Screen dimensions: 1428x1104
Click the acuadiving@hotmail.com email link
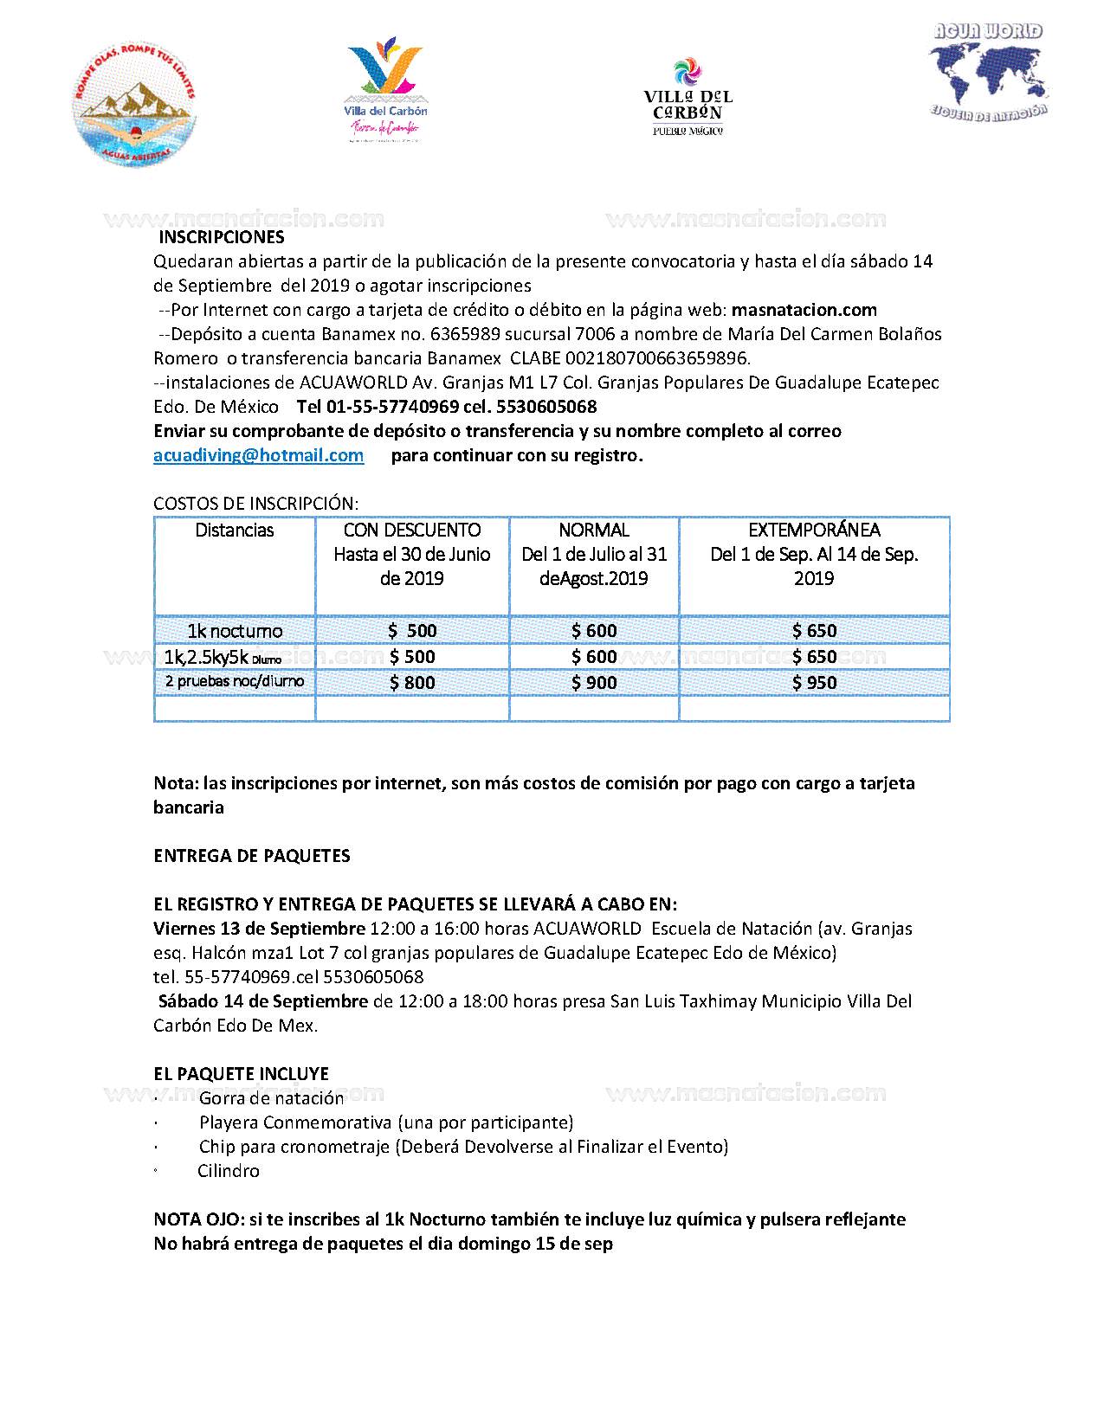tap(258, 455)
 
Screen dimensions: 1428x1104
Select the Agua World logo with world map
tap(989, 73)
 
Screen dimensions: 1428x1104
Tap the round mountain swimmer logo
tap(134, 105)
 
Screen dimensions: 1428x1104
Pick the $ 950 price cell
tap(814, 683)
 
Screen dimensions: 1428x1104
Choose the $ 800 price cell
tap(412, 683)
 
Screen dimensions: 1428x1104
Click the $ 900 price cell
tap(594, 683)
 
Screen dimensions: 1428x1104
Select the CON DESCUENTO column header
tap(412, 531)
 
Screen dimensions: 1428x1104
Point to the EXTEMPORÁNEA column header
tap(814, 531)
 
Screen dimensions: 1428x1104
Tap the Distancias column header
tap(235, 531)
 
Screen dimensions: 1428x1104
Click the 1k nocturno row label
tap(235, 631)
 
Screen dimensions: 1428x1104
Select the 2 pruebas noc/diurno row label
tap(235, 682)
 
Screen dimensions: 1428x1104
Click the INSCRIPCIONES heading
tap(222, 237)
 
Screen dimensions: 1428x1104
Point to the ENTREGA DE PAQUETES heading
tap(252, 856)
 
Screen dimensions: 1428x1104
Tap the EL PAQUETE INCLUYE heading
tap(242, 1074)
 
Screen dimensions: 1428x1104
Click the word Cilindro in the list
tap(229, 1171)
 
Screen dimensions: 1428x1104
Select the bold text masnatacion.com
tap(804, 310)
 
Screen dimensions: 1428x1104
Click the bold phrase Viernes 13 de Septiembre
tap(259, 929)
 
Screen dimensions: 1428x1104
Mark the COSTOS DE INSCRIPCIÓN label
tap(255, 504)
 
